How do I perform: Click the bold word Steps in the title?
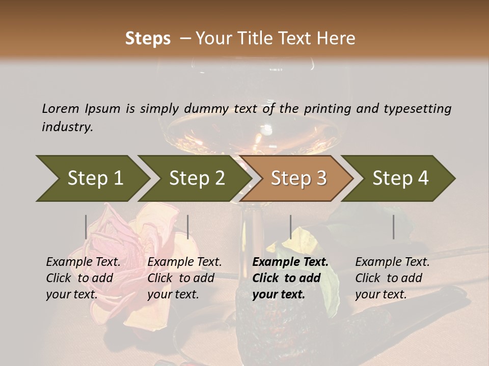pyautogui.click(x=148, y=39)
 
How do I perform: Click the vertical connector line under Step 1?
pyautogui.click(x=86, y=227)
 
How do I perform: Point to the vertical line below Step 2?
pyautogui.click(x=188, y=227)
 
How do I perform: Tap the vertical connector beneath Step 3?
pyautogui.click(x=290, y=227)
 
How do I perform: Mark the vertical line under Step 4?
pyautogui.click(x=393, y=227)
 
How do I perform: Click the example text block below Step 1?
pyautogui.click(x=83, y=278)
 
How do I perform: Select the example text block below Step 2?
pyautogui.click(x=184, y=278)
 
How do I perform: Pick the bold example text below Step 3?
pyautogui.click(x=290, y=278)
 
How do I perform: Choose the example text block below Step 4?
pyautogui.click(x=392, y=278)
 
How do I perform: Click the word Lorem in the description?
pyautogui.click(x=60, y=108)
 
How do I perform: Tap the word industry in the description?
pyautogui.click(x=67, y=127)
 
